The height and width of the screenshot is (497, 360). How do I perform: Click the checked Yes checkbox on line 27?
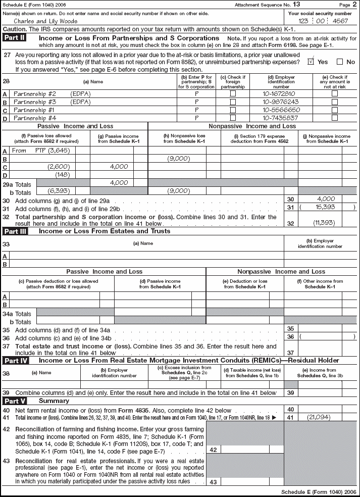pyautogui.click(x=311, y=62)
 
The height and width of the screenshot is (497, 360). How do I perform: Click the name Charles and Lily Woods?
pyautogui.click(x=45, y=21)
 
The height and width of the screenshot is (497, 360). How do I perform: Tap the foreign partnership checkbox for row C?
pyautogui.click(x=233, y=110)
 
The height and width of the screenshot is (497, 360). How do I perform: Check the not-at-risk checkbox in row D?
pyautogui.click(x=334, y=118)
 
